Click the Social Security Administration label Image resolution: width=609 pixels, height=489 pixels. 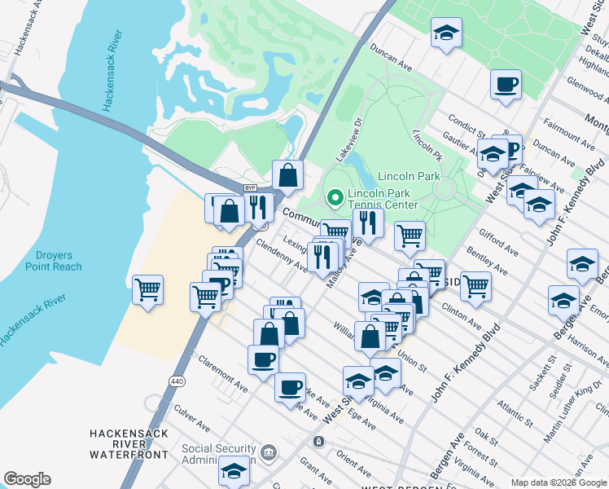click(220, 454)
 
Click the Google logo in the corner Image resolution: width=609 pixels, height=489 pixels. click(27, 479)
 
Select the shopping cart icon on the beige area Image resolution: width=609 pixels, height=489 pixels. click(147, 289)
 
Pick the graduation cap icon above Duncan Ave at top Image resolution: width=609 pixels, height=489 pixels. click(445, 33)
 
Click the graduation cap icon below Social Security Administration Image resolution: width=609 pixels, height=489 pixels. click(234, 470)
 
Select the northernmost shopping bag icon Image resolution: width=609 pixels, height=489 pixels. click(288, 174)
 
